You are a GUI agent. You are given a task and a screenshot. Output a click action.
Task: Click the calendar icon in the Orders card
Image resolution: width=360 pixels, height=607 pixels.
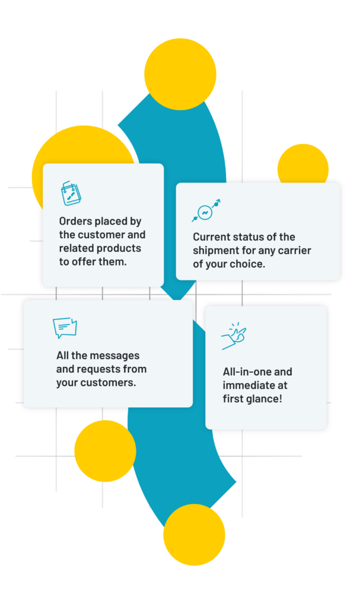pyautogui.click(x=71, y=193)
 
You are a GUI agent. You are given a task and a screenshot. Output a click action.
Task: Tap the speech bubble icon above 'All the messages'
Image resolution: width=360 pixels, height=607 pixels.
pyautogui.click(x=65, y=328)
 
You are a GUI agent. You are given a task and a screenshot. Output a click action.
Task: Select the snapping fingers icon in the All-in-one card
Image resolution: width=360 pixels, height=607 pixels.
pyautogui.click(x=234, y=336)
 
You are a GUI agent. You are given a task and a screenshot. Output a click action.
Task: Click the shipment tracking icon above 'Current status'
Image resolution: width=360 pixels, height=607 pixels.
pyautogui.click(x=206, y=210)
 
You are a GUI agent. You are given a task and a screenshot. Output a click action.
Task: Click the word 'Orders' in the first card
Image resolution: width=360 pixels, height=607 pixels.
pyautogui.click(x=75, y=222)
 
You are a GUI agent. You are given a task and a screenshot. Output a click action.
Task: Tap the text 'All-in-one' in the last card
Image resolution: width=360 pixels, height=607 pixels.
pyautogui.click(x=243, y=372)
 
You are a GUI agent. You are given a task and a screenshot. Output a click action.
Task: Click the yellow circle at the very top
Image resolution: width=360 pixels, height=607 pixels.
pyautogui.click(x=180, y=74)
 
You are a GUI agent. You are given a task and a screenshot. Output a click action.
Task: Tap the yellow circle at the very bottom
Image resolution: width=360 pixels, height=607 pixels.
pyautogui.click(x=194, y=535)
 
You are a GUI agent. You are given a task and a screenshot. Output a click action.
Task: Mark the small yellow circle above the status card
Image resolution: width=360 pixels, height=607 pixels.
pyautogui.click(x=303, y=164)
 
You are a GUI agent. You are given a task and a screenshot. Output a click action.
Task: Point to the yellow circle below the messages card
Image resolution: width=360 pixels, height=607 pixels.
pyautogui.click(x=105, y=451)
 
